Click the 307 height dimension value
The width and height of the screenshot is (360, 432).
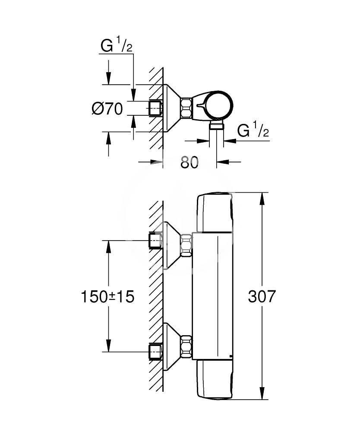point(261,296)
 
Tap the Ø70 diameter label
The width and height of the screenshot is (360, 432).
point(107,108)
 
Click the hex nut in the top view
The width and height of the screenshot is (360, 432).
point(186,108)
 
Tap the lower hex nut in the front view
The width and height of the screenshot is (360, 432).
point(186,346)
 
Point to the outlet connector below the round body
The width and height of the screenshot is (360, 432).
point(215,126)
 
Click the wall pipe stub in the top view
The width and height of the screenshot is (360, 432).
point(155,108)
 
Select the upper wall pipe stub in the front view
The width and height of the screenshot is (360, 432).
point(155,241)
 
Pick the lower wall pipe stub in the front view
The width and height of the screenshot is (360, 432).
point(155,352)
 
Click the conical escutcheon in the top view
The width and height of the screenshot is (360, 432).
point(171,108)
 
